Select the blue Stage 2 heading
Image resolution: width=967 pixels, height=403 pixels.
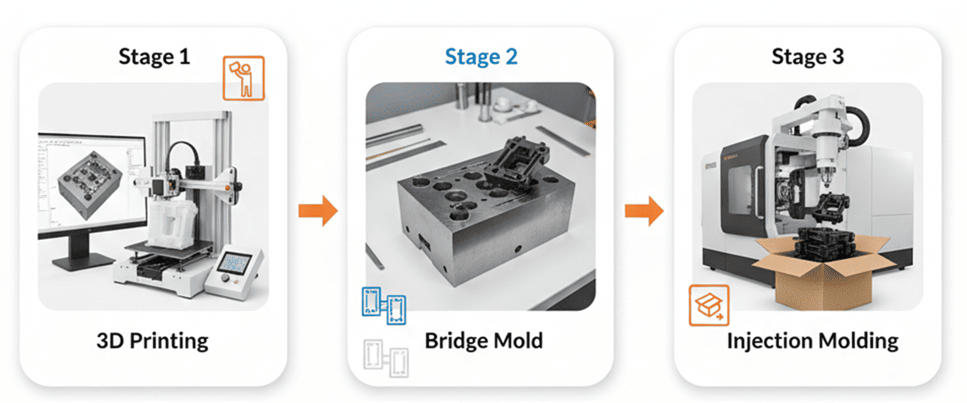tap(482, 56)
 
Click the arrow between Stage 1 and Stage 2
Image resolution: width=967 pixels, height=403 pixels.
tap(317, 211)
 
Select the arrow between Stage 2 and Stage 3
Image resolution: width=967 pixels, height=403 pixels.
tap(644, 211)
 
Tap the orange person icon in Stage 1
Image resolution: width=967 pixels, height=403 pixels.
tap(243, 77)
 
